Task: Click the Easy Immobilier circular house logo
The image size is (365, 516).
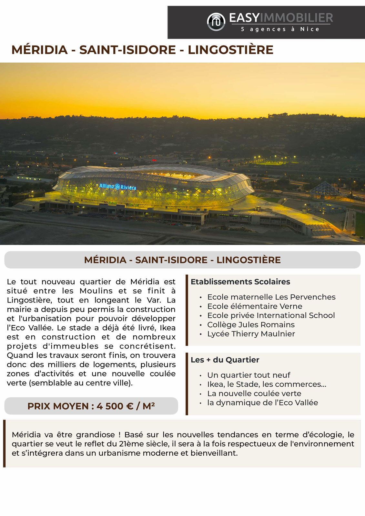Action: (216, 22)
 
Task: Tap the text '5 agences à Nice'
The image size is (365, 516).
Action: (280, 29)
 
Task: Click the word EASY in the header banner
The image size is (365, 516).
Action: (244, 18)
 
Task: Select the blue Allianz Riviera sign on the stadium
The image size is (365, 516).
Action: (117, 186)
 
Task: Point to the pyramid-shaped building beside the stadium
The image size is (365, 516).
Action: (325, 190)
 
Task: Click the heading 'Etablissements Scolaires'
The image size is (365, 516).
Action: (240, 282)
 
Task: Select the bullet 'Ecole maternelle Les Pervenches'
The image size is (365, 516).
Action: (271, 297)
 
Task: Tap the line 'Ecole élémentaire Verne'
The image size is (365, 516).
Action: (255, 306)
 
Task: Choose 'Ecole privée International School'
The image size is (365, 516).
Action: (271, 315)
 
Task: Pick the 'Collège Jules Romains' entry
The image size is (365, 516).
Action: (251, 324)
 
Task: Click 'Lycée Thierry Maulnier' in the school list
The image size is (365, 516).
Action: (251, 334)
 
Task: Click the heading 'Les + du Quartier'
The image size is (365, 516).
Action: (225, 360)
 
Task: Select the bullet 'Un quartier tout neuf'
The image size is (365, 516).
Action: (248, 375)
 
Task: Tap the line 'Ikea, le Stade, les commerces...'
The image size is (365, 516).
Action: (267, 384)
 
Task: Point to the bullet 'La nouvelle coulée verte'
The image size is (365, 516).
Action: (254, 393)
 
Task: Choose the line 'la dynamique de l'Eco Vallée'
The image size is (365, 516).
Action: (262, 403)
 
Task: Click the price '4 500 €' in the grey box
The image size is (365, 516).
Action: (115, 406)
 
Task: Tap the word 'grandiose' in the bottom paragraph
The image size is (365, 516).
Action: (95, 435)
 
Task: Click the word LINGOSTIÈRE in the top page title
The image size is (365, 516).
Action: (230, 50)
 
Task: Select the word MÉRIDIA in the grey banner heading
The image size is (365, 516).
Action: (105, 260)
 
